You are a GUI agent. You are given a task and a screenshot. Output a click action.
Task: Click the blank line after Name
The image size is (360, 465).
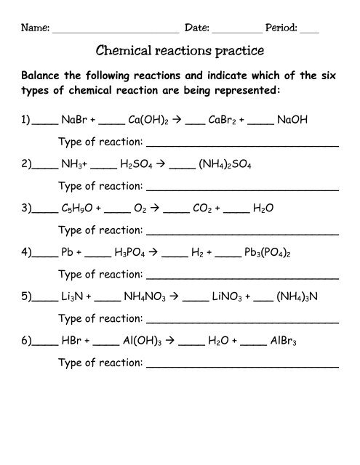coord(116,29)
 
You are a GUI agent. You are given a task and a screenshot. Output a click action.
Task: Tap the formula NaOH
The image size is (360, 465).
coord(293,124)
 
